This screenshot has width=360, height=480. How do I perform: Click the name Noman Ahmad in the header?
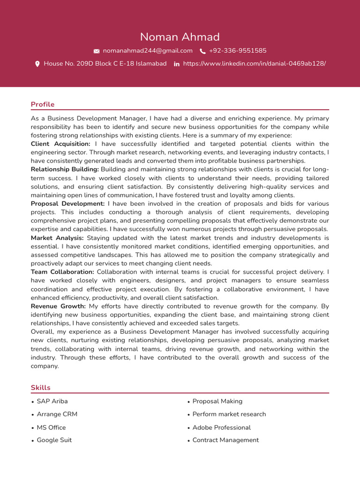click(180, 37)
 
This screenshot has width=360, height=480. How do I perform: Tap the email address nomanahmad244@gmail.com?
click(148, 51)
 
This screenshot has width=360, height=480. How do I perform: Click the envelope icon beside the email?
click(97, 51)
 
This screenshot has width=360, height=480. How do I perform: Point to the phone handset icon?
click(202, 51)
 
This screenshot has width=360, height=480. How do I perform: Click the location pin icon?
click(37, 64)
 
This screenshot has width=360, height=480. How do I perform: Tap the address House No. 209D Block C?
click(105, 64)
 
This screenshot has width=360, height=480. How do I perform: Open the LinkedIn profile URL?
click(254, 64)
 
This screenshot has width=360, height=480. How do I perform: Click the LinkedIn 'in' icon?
click(177, 64)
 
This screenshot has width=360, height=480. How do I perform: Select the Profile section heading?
click(43, 105)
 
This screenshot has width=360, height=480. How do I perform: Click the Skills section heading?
click(41, 388)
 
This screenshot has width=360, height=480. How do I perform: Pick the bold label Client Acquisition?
click(60, 144)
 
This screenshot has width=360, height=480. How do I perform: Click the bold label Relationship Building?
click(65, 169)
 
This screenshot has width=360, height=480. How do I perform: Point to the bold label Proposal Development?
click(67, 204)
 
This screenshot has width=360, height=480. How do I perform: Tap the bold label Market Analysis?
click(57, 238)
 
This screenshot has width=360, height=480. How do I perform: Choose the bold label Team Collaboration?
click(62, 272)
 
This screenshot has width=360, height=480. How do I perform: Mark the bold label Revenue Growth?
click(58, 306)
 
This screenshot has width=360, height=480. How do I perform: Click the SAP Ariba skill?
click(52, 401)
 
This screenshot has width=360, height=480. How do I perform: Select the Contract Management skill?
click(225, 440)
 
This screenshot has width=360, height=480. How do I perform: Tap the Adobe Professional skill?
click(221, 427)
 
